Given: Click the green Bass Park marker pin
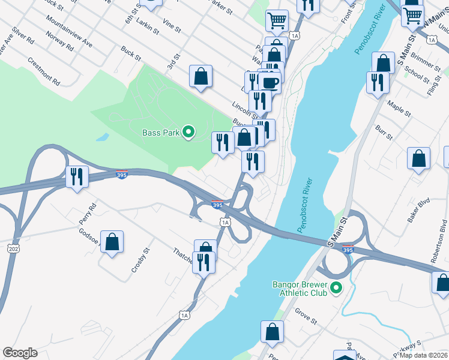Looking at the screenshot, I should click(188, 133).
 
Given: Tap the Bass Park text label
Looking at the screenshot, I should click(161, 133).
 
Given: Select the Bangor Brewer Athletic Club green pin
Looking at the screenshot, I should click(336, 289).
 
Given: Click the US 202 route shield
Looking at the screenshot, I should click(13, 248).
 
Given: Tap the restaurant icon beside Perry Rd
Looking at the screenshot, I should click(77, 176).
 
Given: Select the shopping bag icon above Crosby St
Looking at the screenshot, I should click(112, 242).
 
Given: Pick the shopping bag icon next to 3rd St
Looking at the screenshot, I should click(201, 76).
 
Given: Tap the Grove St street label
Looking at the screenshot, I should click(306, 316).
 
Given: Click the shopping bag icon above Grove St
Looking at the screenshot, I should click(272, 331).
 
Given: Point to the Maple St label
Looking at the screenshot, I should click(399, 109).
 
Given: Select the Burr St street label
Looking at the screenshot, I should click(384, 134).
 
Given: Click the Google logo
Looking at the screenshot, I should click(20, 353).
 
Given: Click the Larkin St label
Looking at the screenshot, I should click(146, 23).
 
